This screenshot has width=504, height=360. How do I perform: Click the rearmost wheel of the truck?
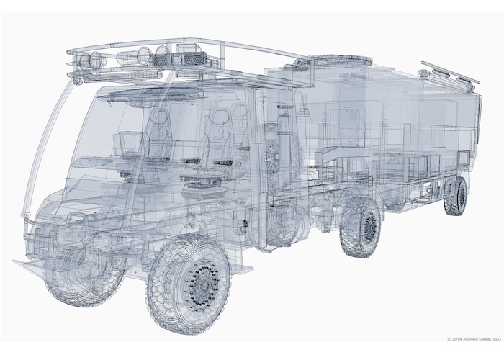[455, 196]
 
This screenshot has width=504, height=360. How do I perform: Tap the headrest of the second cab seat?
[215, 128]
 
